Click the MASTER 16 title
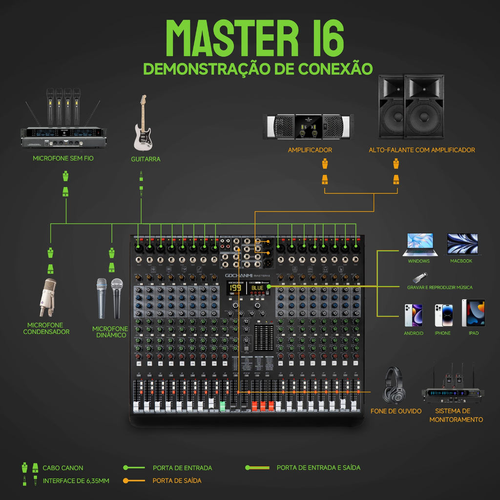click(255, 39)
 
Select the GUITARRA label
click(146, 159)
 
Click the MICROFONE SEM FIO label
click(63, 158)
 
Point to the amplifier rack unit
click(308, 127)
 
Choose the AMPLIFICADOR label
click(310, 150)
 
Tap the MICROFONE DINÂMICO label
click(110, 332)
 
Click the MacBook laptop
click(462, 244)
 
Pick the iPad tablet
click(473, 313)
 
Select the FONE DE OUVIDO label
click(396, 411)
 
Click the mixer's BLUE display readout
click(257, 288)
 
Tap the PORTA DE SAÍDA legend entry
click(177, 480)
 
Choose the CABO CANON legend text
click(63, 468)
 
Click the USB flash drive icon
click(418, 277)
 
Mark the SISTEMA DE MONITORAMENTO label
click(456, 415)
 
